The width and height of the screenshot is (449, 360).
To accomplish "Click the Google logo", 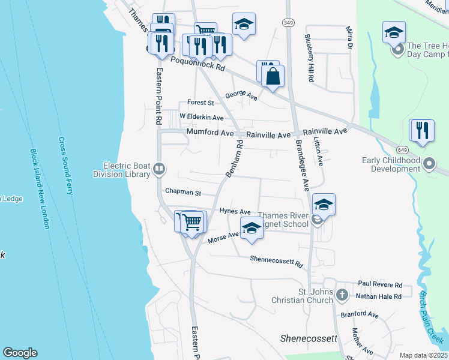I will (x=20, y=353).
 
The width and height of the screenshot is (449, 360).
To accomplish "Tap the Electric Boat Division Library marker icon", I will (x=159, y=169).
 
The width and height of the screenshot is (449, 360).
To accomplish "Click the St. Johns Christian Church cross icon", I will (x=342, y=295).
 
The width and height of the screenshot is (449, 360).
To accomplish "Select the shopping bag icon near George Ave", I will (x=273, y=76).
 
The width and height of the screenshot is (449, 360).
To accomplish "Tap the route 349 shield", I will (x=288, y=22).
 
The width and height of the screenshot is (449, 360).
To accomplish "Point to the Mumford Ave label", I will (x=209, y=131).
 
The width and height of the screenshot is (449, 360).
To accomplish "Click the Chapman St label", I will (x=182, y=193).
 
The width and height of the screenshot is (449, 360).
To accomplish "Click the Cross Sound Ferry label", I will (x=65, y=166).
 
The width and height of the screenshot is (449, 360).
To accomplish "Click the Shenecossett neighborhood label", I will (x=309, y=338).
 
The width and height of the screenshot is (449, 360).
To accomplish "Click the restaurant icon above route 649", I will (x=422, y=131).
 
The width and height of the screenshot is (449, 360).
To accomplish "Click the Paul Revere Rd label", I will (x=380, y=284).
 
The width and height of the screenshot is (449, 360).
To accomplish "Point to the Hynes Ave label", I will (x=235, y=212).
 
